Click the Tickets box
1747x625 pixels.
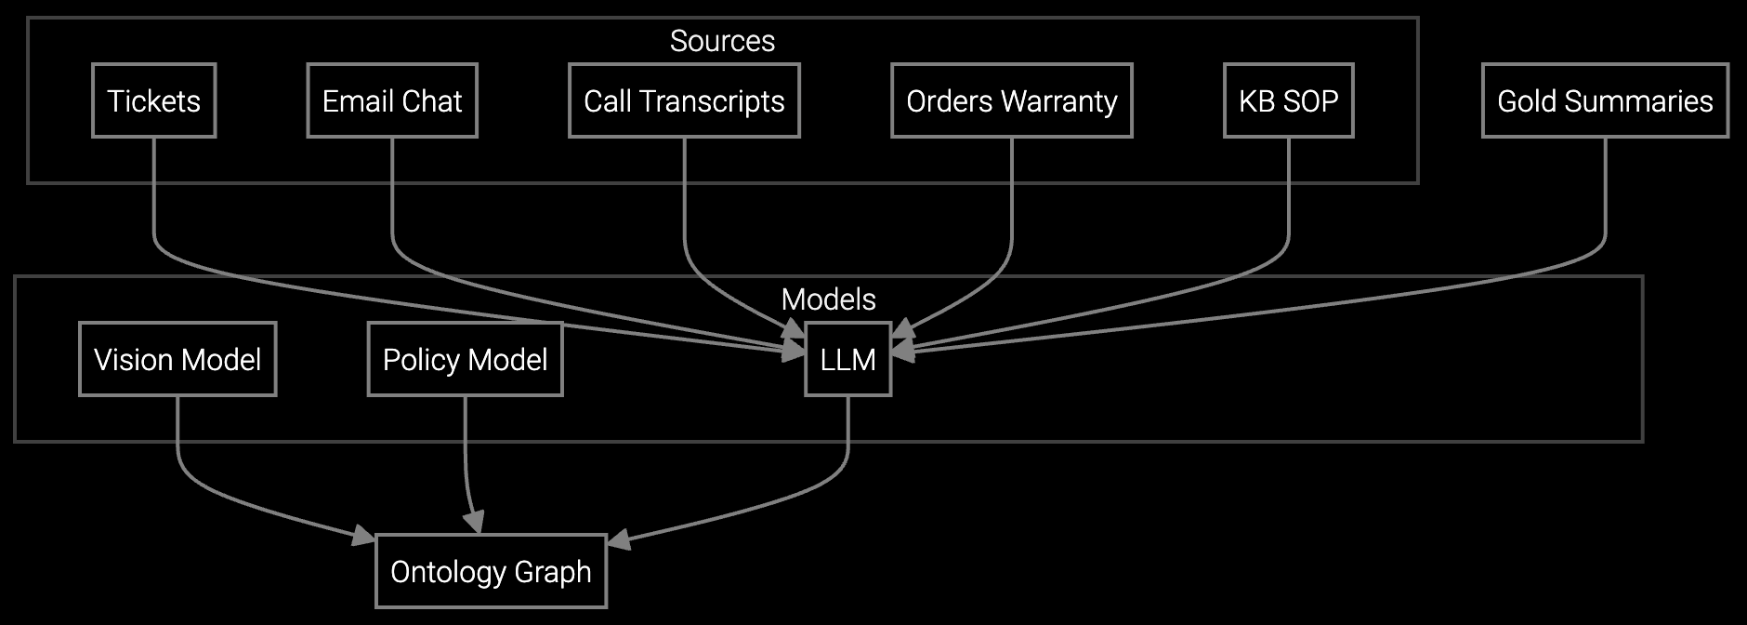pos(153,100)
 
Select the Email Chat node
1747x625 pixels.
pos(391,100)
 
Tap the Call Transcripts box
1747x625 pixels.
pos(684,100)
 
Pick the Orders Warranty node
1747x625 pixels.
pos(1011,100)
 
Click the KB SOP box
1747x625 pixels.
pos(1288,100)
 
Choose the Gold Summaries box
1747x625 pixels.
pos(1605,100)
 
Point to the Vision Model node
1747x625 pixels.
pos(177,359)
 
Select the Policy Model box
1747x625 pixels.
pos(465,359)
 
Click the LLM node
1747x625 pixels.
pos(847,359)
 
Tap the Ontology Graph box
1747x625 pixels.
pos(491,571)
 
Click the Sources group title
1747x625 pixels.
pos(722,41)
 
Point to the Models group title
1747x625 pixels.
pos(828,299)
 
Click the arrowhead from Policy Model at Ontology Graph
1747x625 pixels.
pos(476,523)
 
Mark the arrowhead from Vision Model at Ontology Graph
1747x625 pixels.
pos(364,536)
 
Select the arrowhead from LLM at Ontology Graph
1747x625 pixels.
pos(618,539)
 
